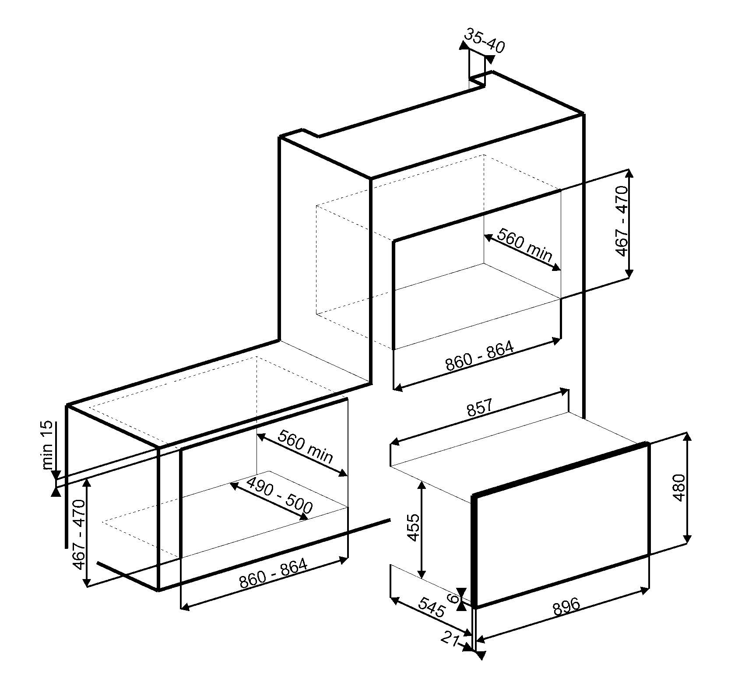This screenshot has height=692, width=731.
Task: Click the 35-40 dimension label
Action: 485,41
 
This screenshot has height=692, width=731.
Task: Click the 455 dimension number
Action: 413,527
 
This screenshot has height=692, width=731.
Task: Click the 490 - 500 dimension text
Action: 280,495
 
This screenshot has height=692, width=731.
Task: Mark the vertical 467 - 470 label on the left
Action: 79,534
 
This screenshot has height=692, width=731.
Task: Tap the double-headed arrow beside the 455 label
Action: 422,529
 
